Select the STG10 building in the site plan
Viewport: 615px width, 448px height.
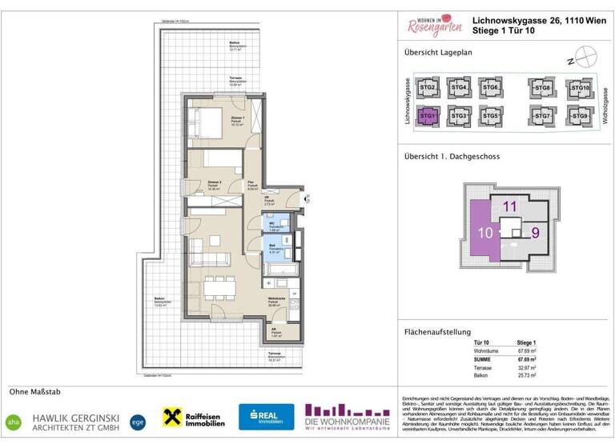pos(577,89)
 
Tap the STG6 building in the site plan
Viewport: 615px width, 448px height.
pos(491,89)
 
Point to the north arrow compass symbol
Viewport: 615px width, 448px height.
pos(589,58)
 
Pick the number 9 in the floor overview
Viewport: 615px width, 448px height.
pos(536,234)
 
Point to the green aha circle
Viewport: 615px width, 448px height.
pos(14,421)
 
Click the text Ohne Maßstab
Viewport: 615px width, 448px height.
pos(34,392)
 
